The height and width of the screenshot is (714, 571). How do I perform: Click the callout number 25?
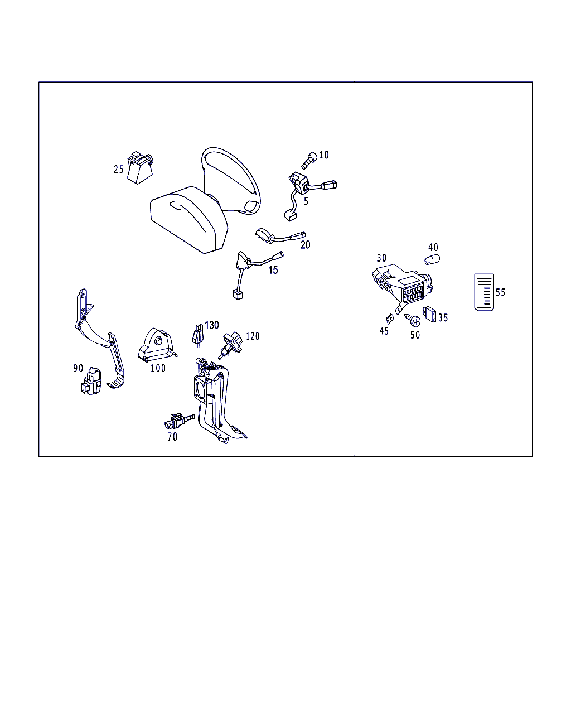tap(118, 169)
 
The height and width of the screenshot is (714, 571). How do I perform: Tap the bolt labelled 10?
tap(309, 160)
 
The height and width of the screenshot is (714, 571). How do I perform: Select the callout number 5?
tap(306, 201)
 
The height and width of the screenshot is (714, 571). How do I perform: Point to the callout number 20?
tap(305, 245)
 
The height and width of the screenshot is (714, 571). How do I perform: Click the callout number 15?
tap(273, 270)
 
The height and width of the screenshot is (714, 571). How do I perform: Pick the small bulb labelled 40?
tap(432, 259)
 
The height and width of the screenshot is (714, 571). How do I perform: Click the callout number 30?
tap(381, 258)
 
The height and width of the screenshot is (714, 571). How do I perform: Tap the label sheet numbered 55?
tap(484, 292)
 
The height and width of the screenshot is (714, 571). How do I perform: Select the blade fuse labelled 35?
tap(430, 314)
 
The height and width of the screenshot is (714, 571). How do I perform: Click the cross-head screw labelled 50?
tap(413, 320)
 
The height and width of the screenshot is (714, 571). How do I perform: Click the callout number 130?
tap(212, 325)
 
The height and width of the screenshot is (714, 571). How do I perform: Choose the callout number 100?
tap(158, 368)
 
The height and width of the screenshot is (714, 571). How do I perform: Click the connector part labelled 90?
tap(91, 381)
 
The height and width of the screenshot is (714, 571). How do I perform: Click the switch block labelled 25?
tap(140, 168)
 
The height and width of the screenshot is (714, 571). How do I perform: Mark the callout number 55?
tap(500, 292)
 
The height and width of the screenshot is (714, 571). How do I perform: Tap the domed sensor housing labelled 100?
tap(157, 345)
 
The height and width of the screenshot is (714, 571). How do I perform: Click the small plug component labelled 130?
tap(198, 335)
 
